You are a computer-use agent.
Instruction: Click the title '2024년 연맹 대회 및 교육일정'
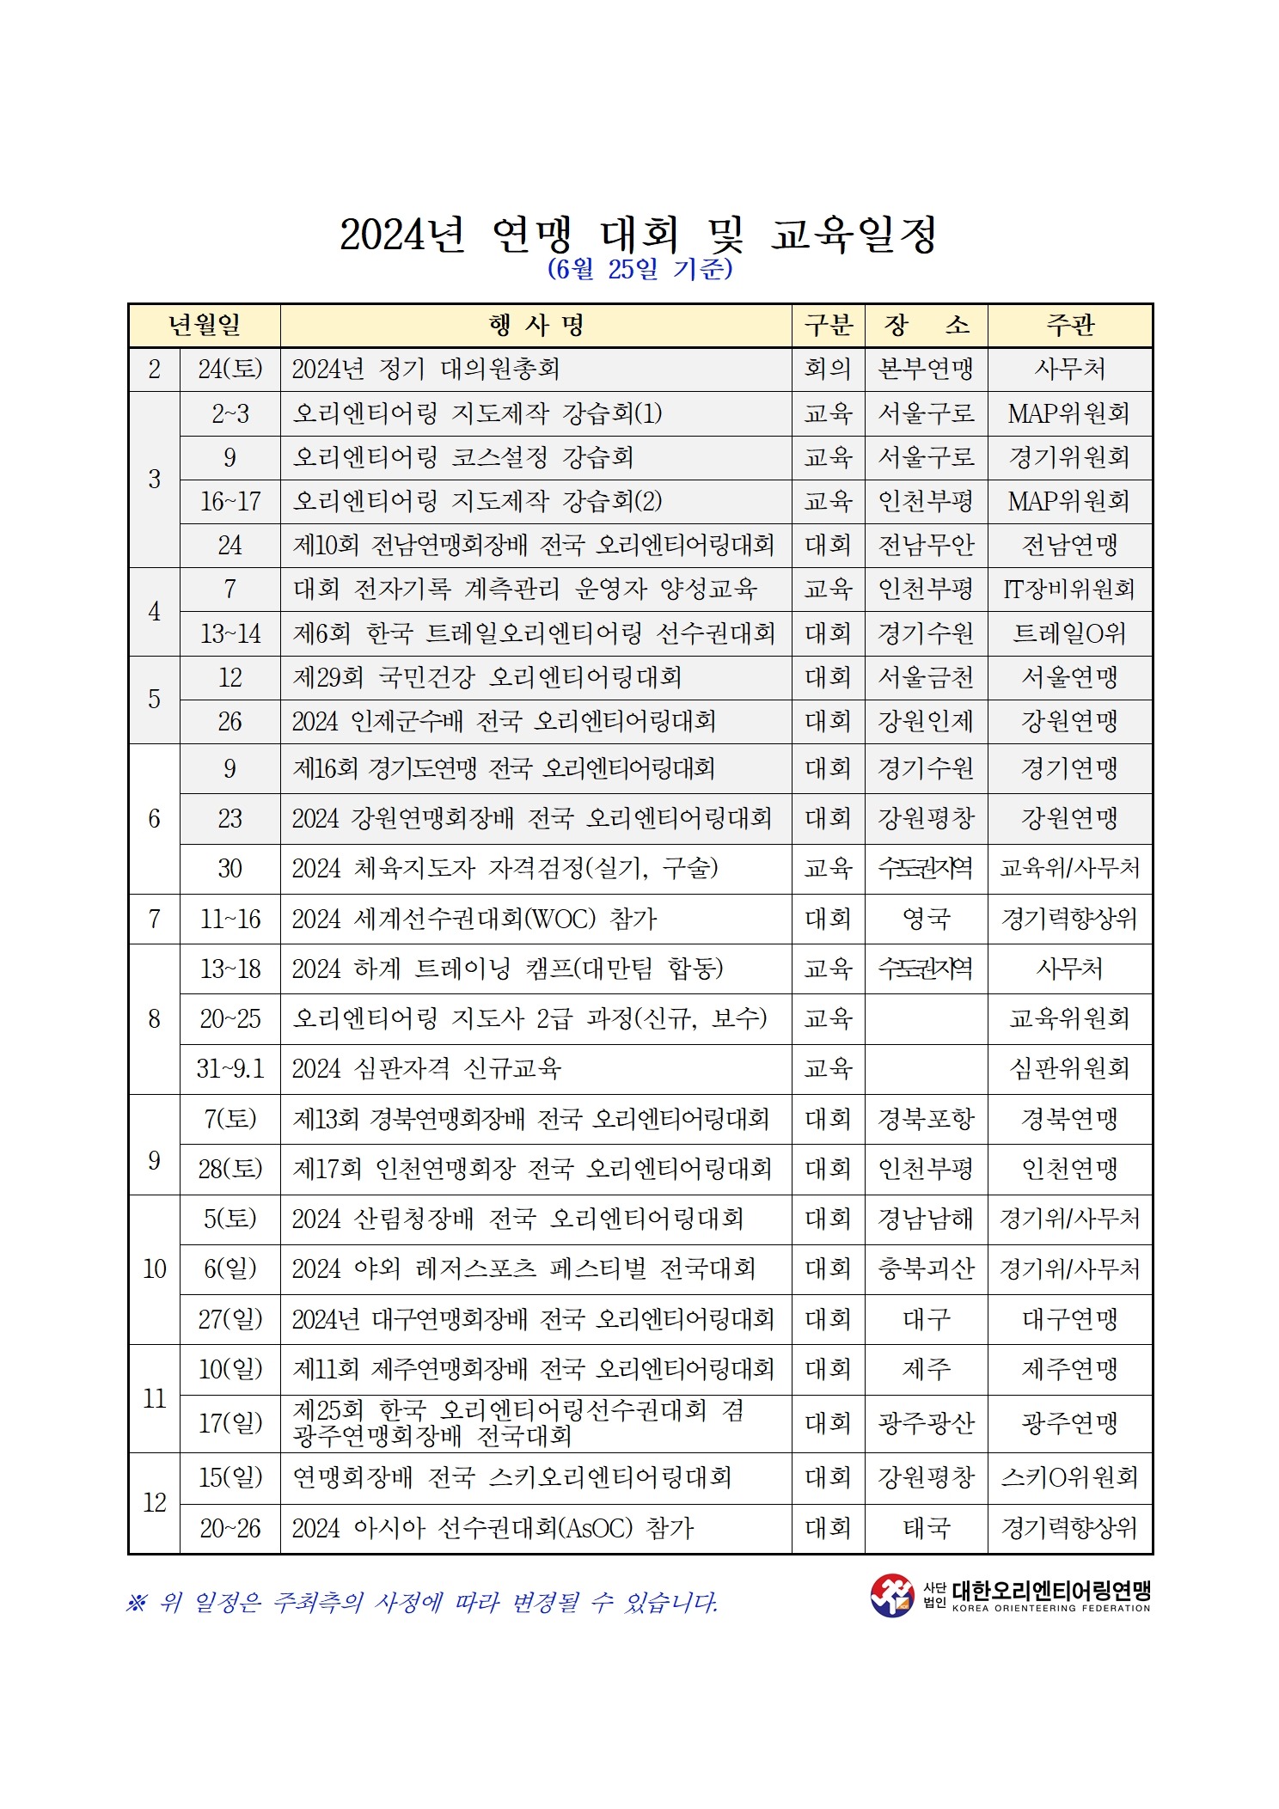pyautogui.click(x=639, y=235)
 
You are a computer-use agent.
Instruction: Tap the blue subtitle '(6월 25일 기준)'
pyautogui.click(x=639, y=270)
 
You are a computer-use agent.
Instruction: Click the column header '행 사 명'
pyautogui.click(x=535, y=326)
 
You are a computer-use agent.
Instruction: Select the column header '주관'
pyautogui.click(x=1069, y=326)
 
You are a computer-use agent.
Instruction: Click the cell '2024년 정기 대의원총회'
pyautogui.click(x=425, y=370)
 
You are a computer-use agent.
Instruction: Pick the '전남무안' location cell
pyautogui.click(x=926, y=545)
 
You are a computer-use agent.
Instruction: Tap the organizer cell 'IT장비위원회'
pyautogui.click(x=1069, y=590)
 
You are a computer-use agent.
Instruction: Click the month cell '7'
pyautogui.click(x=154, y=919)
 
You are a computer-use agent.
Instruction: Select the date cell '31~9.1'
pyautogui.click(x=229, y=1068)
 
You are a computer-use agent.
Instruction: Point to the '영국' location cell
pyautogui.click(x=926, y=919)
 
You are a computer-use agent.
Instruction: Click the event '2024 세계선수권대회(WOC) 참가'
pyautogui.click(x=474, y=919)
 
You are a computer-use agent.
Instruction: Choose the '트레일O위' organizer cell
pyautogui.click(x=1069, y=634)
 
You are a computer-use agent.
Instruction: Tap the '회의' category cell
pyautogui.click(x=828, y=370)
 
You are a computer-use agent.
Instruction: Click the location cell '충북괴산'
pyautogui.click(x=926, y=1268)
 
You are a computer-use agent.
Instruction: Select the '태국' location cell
pyautogui.click(x=926, y=1528)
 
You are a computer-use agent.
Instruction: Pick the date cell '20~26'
pyautogui.click(x=229, y=1528)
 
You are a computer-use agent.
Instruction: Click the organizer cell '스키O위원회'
pyautogui.click(x=1069, y=1477)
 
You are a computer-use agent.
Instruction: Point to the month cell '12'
pyautogui.click(x=154, y=1502)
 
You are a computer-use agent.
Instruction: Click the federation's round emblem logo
pyautogui.click(x=891, y=1595)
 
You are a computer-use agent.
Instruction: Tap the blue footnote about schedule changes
pyautogui.click(x=421, y=1602)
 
